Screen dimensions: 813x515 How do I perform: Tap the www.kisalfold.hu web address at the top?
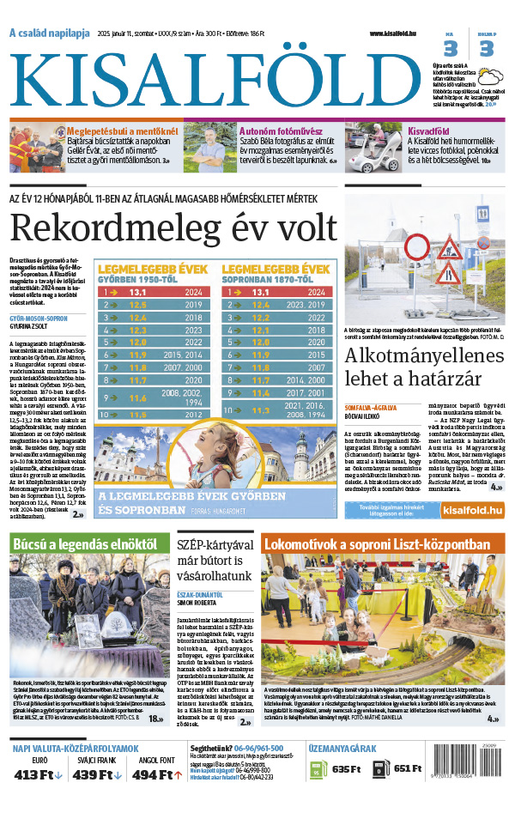(x=399, y=33)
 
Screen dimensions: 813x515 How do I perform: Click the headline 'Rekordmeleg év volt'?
(x=173, y=228)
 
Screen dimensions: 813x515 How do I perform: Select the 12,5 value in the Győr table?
(x=137, y=305)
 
